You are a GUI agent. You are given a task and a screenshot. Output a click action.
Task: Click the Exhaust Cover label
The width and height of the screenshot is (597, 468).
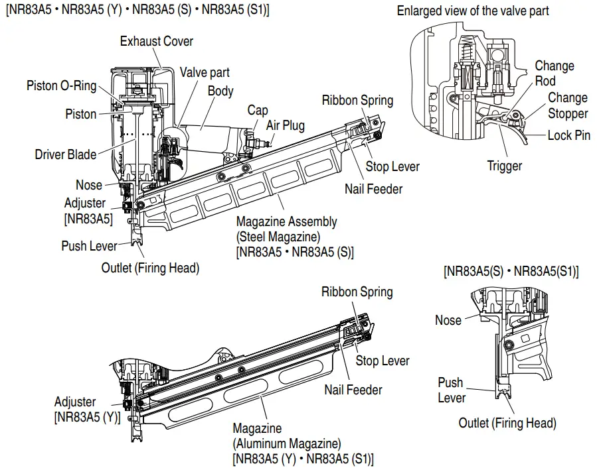[156, 41]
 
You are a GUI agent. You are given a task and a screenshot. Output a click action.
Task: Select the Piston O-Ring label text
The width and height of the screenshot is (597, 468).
[61, 86]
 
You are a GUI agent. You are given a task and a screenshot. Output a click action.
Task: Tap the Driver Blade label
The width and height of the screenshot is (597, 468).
[66, 154]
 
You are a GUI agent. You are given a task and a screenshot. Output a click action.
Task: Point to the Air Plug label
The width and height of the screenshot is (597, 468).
[286, 125]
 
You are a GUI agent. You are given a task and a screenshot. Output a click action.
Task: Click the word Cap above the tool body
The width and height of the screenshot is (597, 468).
[258, 110]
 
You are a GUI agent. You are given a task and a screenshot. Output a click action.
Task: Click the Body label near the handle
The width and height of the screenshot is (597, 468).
[220, 91]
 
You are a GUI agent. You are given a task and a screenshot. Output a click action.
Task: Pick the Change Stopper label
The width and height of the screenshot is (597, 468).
[568, 105]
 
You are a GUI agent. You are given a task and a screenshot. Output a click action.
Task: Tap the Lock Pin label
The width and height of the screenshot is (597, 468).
[569, 135]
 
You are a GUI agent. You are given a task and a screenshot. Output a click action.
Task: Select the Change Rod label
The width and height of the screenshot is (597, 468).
[554, 73]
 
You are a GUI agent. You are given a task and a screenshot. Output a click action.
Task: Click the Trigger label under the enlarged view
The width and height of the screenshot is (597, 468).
[504, 166]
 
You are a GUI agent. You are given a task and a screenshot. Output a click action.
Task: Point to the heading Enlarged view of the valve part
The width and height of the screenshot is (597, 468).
[473, 11]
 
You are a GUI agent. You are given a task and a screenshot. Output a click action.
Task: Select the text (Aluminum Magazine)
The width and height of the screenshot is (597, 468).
[286, 443]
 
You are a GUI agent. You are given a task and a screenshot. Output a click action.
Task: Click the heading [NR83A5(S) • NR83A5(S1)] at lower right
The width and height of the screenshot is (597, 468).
[511, 271]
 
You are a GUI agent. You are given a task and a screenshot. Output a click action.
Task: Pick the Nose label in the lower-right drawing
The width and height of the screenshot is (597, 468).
[448, 320]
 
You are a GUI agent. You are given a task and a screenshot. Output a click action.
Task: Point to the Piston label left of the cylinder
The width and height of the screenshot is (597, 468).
[80, 114]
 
